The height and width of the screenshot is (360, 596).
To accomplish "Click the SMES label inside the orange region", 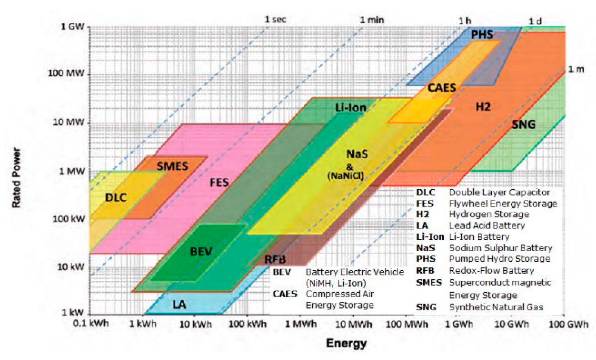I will [x=172, y=166].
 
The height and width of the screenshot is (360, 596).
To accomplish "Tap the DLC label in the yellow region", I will [x=116, y=198].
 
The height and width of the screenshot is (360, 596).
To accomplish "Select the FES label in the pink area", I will [x=219, y=182].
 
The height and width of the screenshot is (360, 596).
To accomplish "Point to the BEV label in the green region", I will [x=201, y=251].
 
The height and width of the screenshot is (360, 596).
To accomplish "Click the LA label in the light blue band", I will [x=179, y=305].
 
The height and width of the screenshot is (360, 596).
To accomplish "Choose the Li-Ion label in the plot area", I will [x=351, y=107].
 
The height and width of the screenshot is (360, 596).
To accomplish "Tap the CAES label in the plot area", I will [x=442, y=88].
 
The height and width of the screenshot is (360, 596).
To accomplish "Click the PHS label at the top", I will [x=482, y=35].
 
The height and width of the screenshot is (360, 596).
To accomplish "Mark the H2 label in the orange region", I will [x=483, y=107].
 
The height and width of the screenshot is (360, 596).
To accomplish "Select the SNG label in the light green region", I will [x=524, y=125].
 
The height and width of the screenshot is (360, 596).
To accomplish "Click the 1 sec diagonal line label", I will [x=276, y=20].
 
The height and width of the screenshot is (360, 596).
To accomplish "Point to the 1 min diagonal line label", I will [x=372, y=20].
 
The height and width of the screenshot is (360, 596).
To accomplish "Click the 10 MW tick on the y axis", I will [x=69, y=122].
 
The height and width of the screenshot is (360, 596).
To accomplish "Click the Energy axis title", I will [x=346, y=344].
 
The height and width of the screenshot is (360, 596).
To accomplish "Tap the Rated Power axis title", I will [x=16, y=178].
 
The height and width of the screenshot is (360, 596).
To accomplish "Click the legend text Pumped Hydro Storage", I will [x=499, y=259].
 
